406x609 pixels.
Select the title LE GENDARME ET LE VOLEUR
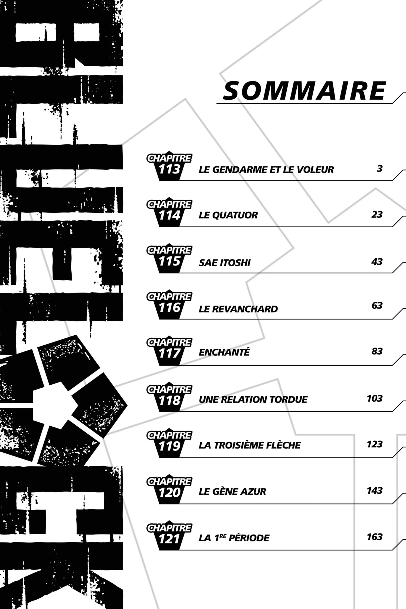click(x=266, y=170)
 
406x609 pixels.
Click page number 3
click(x=379, y=169)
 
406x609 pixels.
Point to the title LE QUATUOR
click(x=228, y=215)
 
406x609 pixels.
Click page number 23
click(x=377, y=215)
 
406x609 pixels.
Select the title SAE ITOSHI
click(x=225, y=263)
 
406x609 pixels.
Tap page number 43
click(x=377, y=262)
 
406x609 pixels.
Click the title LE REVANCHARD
click(x=238, y=309)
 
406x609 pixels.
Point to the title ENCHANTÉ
click(x=224, y=352)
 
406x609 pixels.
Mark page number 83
click(x=377, y=351)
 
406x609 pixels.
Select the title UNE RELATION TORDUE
click(x=253, y=400)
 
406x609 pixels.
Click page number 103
click(x=375, y=398)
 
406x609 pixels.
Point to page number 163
click(x=375, y=537)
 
